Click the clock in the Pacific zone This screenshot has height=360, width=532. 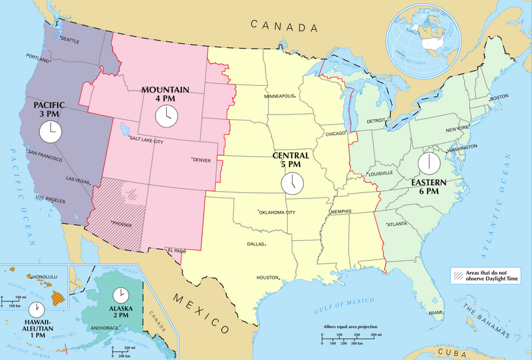[49, 131]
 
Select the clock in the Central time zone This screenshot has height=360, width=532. [291, 182]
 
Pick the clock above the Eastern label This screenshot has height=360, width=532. [428, 161]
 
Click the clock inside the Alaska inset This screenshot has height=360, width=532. [120, 295]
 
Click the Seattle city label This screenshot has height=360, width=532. [69, 41]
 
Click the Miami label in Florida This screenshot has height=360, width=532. [436, 312]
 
